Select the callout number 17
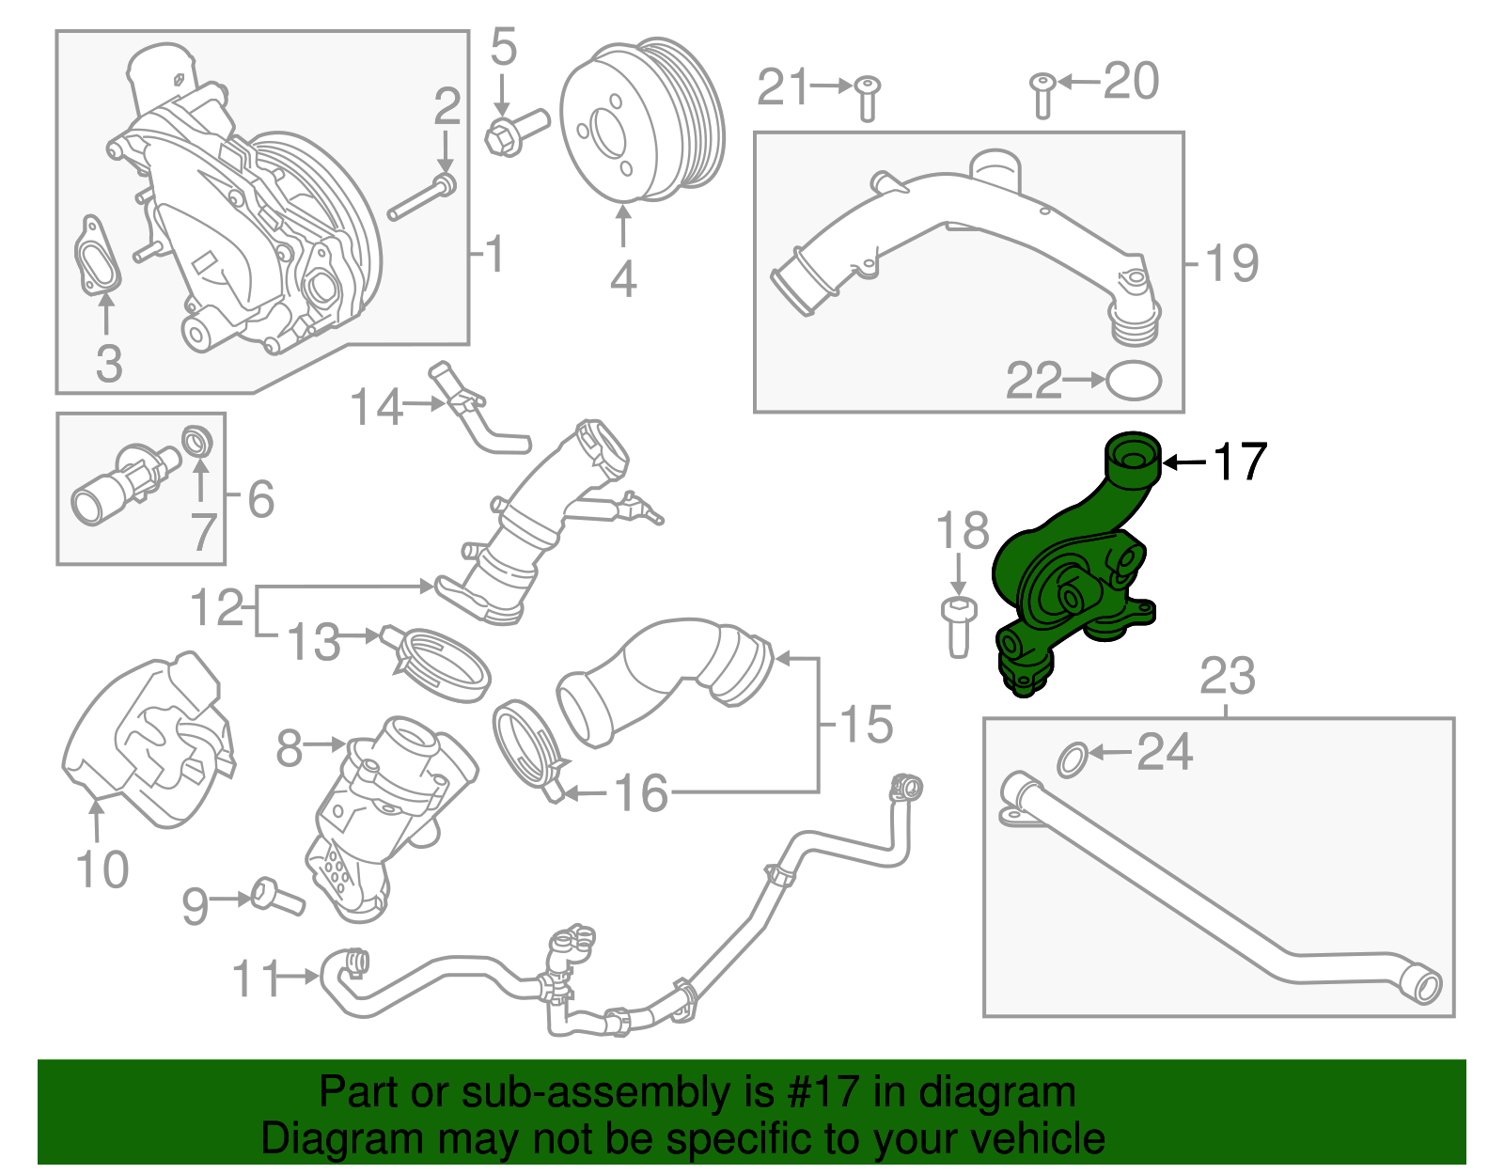[x=1240, y=462]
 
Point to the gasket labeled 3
[x=98, y=257]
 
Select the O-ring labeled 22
[x=1134, y=381]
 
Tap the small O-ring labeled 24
[x=1073, y=759]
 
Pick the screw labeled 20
[x=1042, y=95]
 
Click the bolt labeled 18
[x=958, y=626]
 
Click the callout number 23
[x=1228, y=677]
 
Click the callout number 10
[x=102, y=869]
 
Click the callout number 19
[x=1232, y=263]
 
